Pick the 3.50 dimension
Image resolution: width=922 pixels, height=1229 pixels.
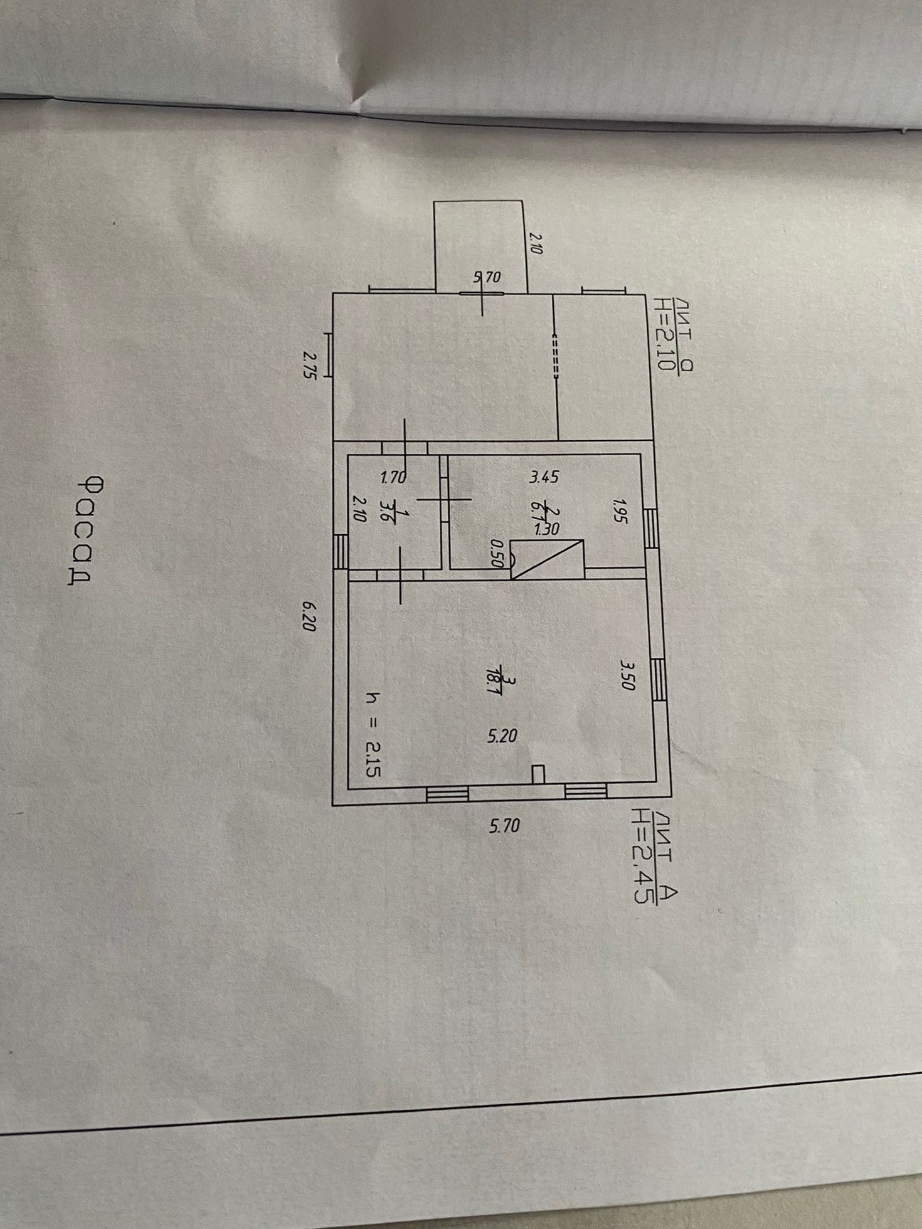tap(627, 674)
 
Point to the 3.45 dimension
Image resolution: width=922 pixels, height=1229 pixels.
tap(543, 478)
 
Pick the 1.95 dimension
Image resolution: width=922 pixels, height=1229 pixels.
tap(620, 510)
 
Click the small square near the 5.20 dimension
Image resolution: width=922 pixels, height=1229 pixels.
tap(538, 774)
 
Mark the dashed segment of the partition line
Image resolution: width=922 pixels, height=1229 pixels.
tap(554, 357)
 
